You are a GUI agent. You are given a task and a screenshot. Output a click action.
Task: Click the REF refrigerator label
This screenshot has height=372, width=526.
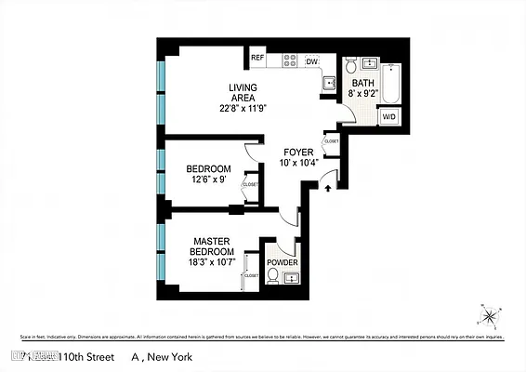[257, 59]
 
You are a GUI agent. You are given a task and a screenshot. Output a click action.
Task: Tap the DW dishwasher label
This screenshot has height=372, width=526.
[311, 61]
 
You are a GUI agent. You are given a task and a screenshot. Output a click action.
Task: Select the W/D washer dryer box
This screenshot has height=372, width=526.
[389, 117]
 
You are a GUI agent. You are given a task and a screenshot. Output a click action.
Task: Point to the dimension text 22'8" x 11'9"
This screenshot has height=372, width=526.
[243, 108]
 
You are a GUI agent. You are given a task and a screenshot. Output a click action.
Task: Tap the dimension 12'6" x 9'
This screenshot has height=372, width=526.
[208, 179]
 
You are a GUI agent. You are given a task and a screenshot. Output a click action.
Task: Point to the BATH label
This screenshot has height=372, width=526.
[362, 83]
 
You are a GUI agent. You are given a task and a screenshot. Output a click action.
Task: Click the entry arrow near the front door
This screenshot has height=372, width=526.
[327, 188]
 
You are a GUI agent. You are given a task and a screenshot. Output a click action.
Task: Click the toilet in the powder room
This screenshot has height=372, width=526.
[273, 276]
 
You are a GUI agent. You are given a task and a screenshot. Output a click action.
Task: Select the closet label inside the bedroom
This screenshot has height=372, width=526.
[250, 184]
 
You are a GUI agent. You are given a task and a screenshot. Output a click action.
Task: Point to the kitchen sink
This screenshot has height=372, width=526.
[328, 84]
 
